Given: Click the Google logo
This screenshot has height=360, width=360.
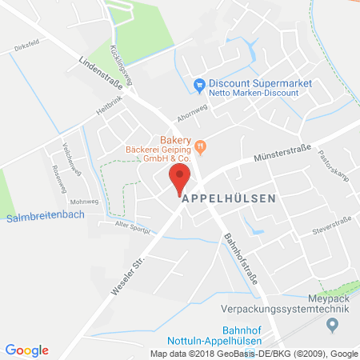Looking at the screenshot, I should pyautogui.click(x=27, y=350).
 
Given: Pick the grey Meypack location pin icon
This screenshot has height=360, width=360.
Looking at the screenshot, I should pyautogui.click(x=334, y=323).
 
